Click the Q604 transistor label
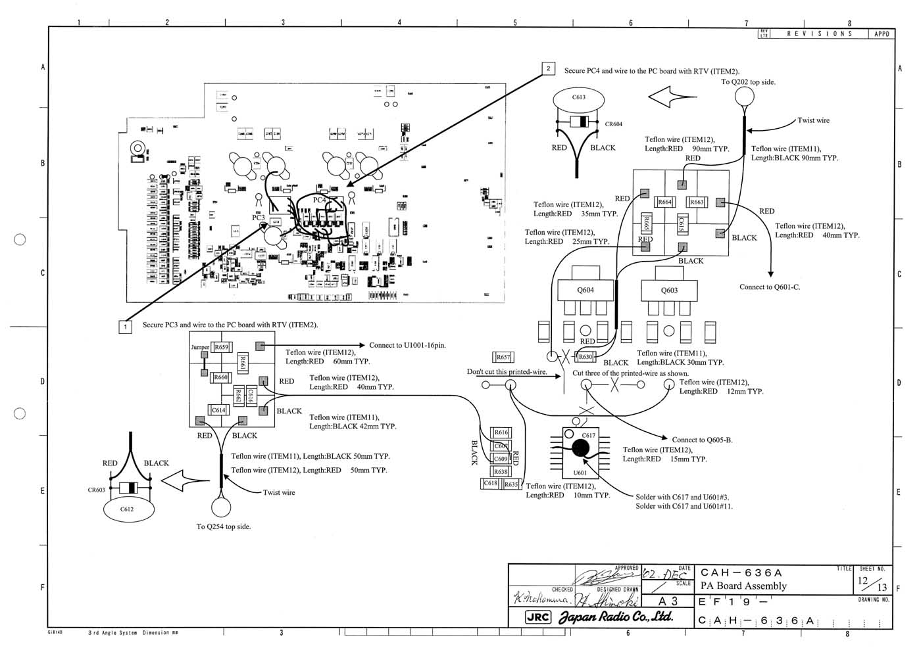coord(585,290)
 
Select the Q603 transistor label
coord(669,290)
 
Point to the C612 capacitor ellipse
coord(127,510)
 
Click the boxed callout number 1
coord(125,326)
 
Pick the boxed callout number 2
coord(549,68)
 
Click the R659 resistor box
coord(221,347)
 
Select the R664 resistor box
coord(665,202)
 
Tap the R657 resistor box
coord(503,357)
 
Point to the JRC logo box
coord(538,617)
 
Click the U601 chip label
coord(580,473)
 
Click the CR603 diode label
coord(97,490)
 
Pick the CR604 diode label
coord(613,124)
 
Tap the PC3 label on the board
coord(259,217)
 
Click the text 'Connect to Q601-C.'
coord(770,287)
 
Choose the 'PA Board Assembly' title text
coord(743,586)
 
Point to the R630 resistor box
coord(585,357)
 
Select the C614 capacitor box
coord(218,410)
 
